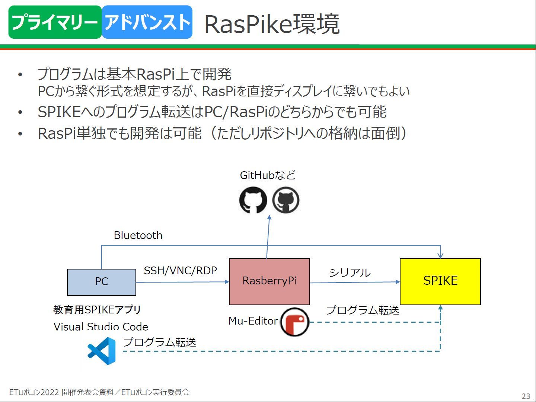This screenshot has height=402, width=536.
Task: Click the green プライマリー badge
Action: pyautogui.click(x=55, y=22)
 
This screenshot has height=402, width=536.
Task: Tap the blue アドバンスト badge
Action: pyautogui.click(x=147, y=22)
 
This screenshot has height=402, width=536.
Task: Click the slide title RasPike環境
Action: pyautogui.click(x=272, y=24)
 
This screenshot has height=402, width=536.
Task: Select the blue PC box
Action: pyautogui.click(x=102, y=282)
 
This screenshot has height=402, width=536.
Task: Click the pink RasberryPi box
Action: pyautogui.click(x=269, y=281)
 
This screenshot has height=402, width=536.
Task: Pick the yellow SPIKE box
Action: pyautogui.click(x=440, y=281)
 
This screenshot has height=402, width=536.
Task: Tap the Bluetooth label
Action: pyautogui.click(x=138, y=235)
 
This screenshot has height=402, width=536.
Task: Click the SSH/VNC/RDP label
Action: pyautogui.click(x=180, y=271)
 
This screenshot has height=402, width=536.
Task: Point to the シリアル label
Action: pyautogui.click(x=350, y=273)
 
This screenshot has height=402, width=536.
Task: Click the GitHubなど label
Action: pyautogui.click(x=268, y=175)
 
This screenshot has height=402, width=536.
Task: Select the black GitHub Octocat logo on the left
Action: pyautogui.click(x=253, y=200)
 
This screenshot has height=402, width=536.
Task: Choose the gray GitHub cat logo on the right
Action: pyautogui.click(x=286, y=200)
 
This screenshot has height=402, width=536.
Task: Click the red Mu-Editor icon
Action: pyautogui.click(x=294, y=322)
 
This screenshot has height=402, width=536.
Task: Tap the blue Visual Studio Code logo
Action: pyautogui.click(x=102, y=351)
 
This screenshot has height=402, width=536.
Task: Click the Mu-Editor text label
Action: pyautogui.click(x=253, y=321)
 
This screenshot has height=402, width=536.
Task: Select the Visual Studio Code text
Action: pyautogui.click(x=101, y=327)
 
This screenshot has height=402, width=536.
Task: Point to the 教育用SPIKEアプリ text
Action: pyautogui.click(x=97, y=310)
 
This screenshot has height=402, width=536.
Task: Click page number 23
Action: pyautogui.click(x=526, y=396)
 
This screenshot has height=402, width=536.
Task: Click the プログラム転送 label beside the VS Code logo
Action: pyautogui.click(x=159, y=342)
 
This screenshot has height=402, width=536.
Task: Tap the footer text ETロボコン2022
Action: pyautogui.click(x=34, y=392)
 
